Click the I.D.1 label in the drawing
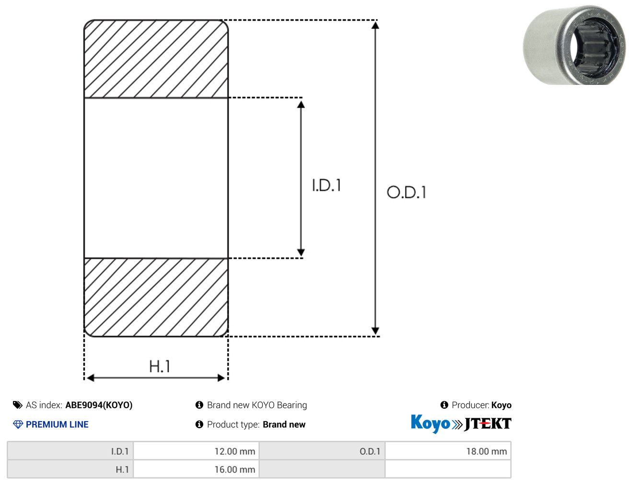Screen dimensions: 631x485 [x=327, y=185]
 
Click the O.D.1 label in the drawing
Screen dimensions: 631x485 [x=406, y=192]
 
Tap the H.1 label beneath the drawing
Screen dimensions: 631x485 [x=159, y=366]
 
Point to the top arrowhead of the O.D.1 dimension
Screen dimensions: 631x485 [x=375, y=25]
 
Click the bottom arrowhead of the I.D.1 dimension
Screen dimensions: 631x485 [x=301, y=252]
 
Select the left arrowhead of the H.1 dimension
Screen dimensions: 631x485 [x=90, y=378]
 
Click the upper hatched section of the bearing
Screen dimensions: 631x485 [x=156, y=59]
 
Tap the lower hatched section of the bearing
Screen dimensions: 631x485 [x=156, y=297]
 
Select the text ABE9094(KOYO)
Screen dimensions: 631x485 [x=99, y=405]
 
